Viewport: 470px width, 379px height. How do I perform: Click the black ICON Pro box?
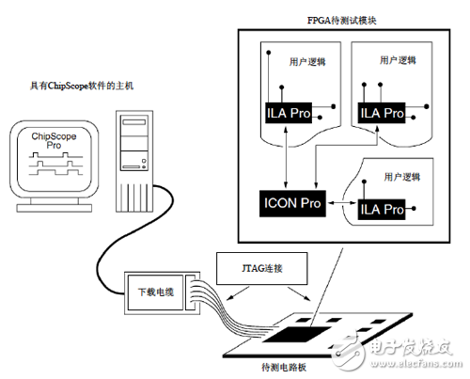click(x=291, y=200)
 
